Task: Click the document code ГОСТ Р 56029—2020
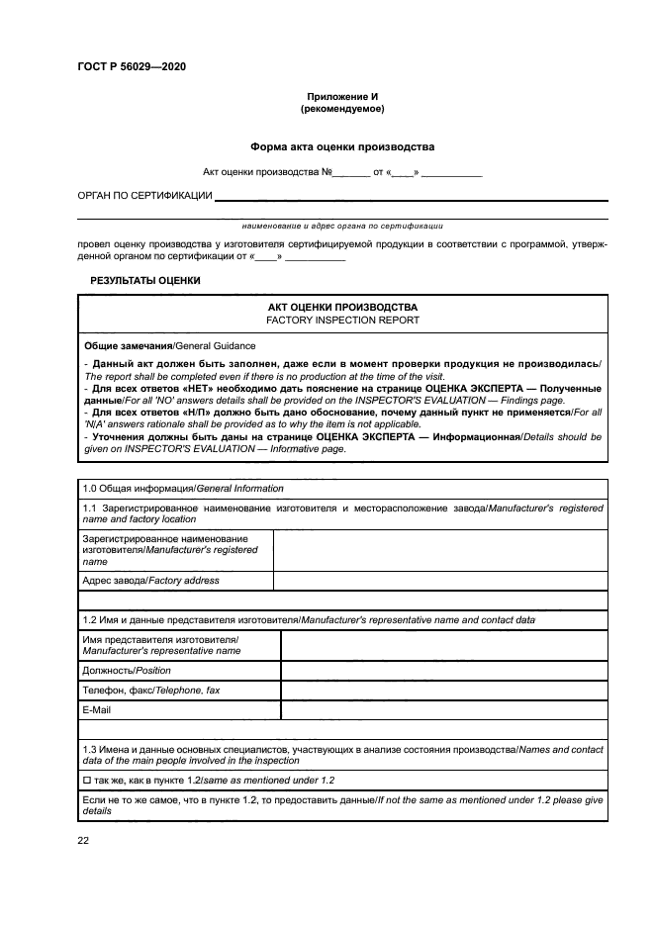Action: [131, 66]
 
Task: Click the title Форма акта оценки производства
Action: [341, 146]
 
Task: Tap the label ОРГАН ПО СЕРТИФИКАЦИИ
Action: [144, 196]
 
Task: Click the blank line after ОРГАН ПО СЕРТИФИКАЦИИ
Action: [411, 198]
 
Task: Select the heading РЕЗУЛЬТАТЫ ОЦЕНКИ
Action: [145, 281]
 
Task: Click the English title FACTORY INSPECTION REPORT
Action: [342, 321]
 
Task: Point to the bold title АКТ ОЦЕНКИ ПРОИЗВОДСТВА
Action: [342, 308]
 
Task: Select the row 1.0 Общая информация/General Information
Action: [182, 489]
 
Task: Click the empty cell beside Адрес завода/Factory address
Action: [439, 581]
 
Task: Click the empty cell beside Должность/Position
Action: [443, 670]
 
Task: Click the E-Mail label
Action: [97, 709]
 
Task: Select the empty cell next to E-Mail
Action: [443, 709]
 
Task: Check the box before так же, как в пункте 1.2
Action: [88, 781]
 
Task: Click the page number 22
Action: [83, 840]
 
